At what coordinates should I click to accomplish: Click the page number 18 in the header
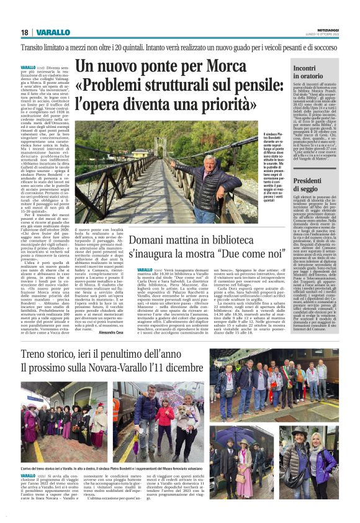(24, 32)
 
